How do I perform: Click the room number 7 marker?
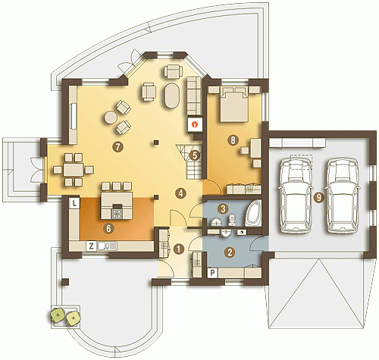(118, 146)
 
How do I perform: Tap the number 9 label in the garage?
(318, 197)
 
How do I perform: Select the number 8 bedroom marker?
(233, 139)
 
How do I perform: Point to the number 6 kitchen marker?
(108, 228)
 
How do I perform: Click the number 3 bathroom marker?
(223, 209)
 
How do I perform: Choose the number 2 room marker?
(230, 252)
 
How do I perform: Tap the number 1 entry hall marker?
(179, 249)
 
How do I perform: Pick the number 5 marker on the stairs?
(194, 155)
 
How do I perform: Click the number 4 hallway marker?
(180, 193)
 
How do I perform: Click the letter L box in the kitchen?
(74, 203)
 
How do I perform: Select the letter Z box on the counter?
(91, 246)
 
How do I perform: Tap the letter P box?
(212, 273)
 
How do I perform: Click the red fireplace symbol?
(195, 124)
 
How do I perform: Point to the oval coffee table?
(172, 95)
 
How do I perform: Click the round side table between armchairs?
(111, 117)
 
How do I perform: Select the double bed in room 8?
(233, 104)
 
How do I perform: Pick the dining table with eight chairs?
(74, 170)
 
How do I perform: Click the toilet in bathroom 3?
(232, 221)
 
